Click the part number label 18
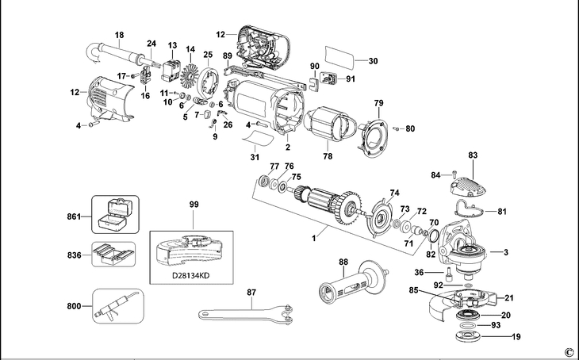tap(120, 35)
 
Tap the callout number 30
tap(374, 60)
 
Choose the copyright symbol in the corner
tap(568, 351)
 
